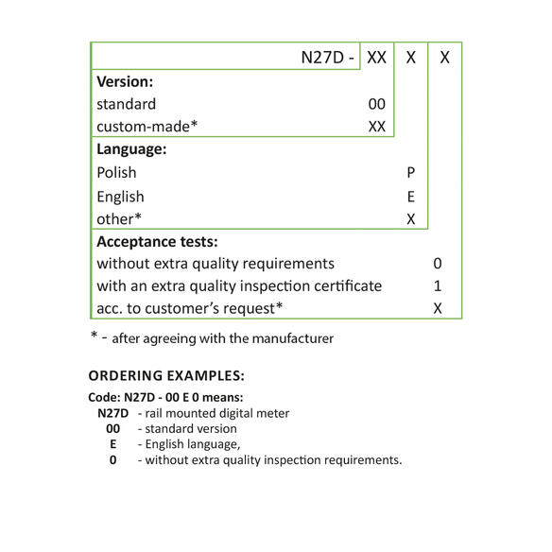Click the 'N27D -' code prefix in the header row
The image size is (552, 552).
click(328, 57)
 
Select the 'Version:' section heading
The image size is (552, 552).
click(125, 81)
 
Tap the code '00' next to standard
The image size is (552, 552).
click(376, 104)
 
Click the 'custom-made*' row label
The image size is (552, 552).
click(147, 126)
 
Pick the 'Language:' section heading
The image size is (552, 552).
click(131, 148)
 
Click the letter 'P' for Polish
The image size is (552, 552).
click(410, 173)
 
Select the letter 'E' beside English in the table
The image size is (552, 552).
click(410, 197)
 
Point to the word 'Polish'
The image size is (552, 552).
click(116, 173)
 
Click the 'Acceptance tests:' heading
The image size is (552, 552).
click(157, 241)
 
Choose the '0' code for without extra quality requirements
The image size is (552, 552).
click(438, 264)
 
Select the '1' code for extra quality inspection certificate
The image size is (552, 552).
click(438, 285)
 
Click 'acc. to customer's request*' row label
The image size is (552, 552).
click(190, 308)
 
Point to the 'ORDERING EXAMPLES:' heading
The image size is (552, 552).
click(166, 374)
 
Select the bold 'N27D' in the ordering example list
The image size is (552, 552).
click(112, 412)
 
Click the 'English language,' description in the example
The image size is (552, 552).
click(188, 444)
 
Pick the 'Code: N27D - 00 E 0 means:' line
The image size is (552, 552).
click(165, 397)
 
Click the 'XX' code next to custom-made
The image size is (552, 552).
click(376, 126)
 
